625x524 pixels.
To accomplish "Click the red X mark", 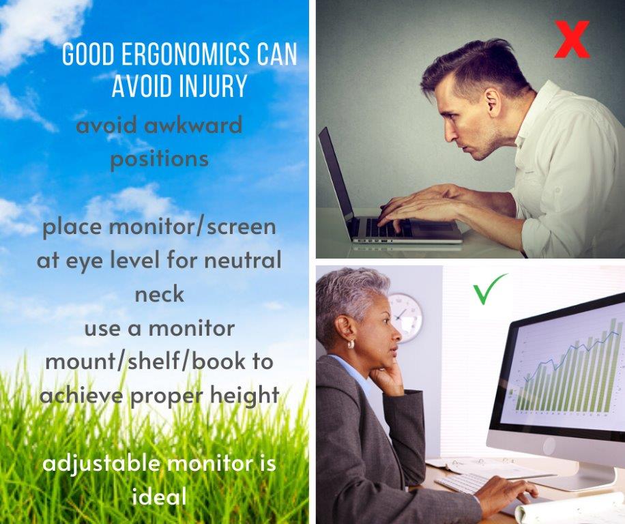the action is [572, 39].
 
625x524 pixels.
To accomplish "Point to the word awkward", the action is [192, 125].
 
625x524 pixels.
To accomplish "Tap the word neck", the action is [160, 295].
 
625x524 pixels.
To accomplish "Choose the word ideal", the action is [160, 496].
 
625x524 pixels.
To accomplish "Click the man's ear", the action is [493, 103].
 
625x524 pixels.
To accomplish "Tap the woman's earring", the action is [351, 345].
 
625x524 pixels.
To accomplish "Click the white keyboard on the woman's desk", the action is [466, 483].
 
